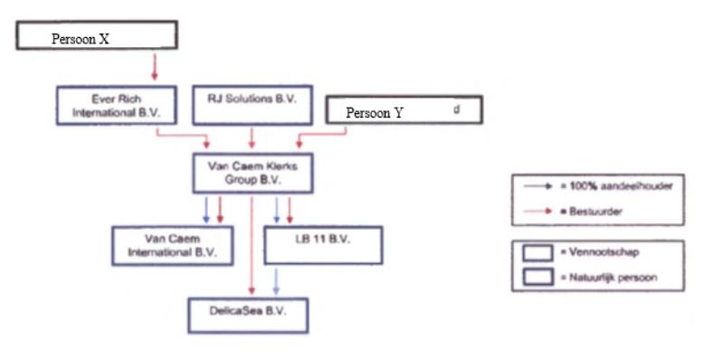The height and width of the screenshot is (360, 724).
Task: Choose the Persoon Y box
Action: (x=403, y=110)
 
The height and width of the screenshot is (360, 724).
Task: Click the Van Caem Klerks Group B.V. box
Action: (x=252, y=173)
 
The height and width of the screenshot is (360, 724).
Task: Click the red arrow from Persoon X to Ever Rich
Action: (x=154, y=66)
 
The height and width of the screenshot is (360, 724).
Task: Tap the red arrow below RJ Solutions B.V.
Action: (x=252, y=136)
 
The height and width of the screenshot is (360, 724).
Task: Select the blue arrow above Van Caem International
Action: (x=206, y=210)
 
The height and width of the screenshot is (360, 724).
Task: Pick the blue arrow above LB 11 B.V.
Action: (x=276, y=210)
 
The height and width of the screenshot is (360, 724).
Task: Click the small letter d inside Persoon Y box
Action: (x=456, y=108)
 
